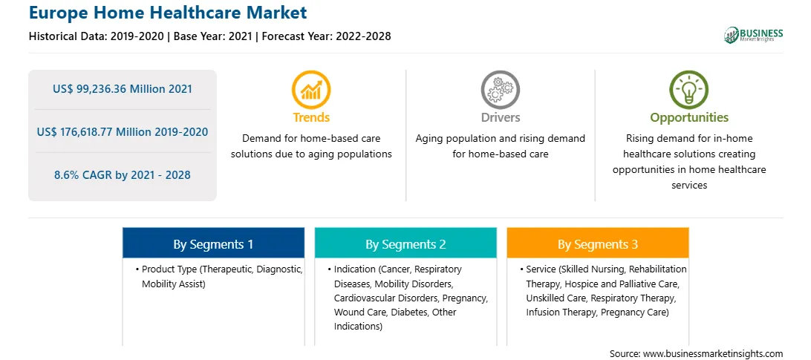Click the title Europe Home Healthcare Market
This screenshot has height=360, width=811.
pos(168,13)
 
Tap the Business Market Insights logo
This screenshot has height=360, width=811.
pos(753,35)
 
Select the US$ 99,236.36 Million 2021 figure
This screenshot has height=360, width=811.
pos(122,89)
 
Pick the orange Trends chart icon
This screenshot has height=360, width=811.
pos(311,90)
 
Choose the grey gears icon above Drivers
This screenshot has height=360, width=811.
pos(500,90)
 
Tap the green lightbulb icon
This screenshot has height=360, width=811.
pos(689,90)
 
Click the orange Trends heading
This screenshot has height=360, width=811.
pos(311,117)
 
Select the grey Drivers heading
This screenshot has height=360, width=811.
pos(500,117)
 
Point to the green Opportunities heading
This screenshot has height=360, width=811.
pos(689,118)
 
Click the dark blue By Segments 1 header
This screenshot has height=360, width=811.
pos(214,243)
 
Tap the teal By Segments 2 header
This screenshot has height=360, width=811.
pos(405,243)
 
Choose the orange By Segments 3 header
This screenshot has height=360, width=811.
pos(598,243)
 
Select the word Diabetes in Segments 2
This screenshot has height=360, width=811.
pos(410,312)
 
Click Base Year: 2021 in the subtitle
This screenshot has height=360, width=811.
pos(213,36)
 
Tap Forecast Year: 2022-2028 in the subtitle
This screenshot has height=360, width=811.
pos(325,36)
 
